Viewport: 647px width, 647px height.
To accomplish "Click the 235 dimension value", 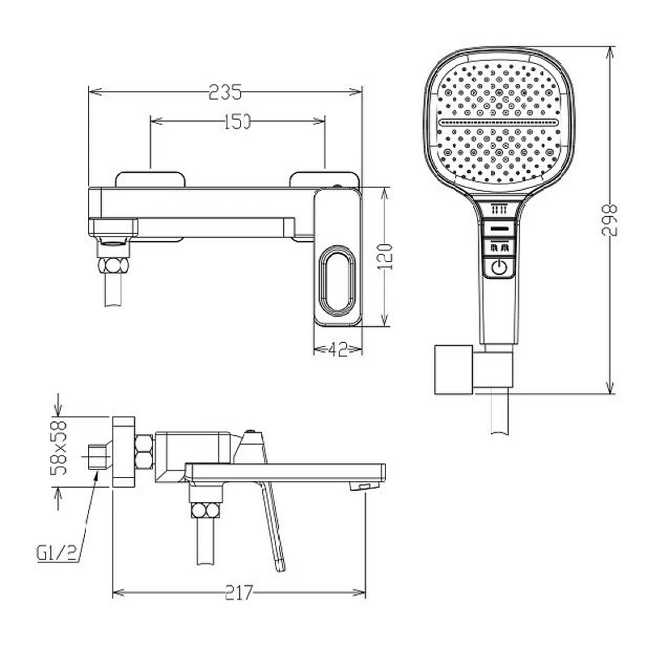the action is click(x=225, y=92).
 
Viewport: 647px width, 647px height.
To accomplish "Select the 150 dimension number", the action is click(x=237, y=121).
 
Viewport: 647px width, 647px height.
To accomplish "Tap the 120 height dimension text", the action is click(x=385, y=256).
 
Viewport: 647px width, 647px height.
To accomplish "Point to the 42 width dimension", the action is click(x=337, y=350).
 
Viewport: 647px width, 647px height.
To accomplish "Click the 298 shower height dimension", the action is click(x=610, y=219).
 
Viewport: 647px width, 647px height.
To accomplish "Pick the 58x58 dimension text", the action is click(x=58, y=448).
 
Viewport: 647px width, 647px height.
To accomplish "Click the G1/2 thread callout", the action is click(x=57, y=553).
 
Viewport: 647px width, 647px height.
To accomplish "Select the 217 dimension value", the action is click(x=239, y=593).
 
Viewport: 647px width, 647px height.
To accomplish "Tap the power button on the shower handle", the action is click(x=499, y=268).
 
